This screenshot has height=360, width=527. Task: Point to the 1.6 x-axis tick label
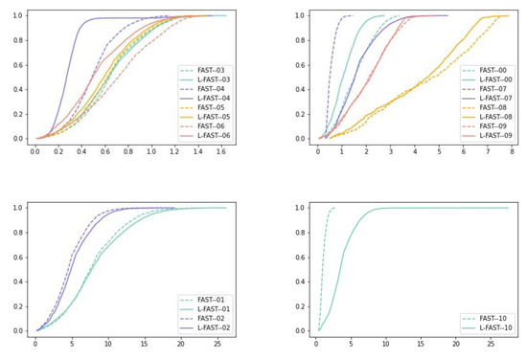221,151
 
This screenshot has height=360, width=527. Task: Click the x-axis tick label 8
512,151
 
